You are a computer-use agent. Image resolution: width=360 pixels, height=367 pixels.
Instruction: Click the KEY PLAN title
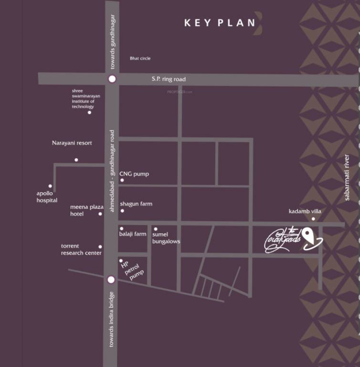coord(220,22)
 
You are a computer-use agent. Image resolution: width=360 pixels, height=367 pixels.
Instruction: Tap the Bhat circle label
coord(140,58)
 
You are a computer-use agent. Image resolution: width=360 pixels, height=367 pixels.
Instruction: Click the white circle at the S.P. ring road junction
coord(112,79)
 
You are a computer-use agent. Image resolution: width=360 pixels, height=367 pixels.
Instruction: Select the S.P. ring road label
coord(169,79)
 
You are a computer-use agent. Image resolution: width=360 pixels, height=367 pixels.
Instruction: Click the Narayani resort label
coord(72,143)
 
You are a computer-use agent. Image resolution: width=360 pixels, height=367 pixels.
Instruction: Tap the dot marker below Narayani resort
coord(76,160)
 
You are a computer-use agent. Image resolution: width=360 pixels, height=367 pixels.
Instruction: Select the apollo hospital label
coord(47,197)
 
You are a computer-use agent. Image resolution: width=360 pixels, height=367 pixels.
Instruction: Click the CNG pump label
coord(134,174)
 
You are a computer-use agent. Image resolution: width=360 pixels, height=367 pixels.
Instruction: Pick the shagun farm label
coord(136,204)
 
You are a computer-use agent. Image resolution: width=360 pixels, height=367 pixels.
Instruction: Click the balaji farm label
coord(133,234)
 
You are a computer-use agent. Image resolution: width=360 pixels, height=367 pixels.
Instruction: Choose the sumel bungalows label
coord(166,238)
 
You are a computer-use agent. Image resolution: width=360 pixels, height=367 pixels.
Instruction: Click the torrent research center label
coord(81,249)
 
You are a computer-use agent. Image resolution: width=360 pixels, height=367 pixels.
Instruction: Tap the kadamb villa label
coord(305,211)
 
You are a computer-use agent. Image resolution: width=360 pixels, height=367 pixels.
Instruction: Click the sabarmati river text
coord(347,177)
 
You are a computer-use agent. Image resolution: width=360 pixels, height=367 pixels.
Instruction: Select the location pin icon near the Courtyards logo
coord(309,235)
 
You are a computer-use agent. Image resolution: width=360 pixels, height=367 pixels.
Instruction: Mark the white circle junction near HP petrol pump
coord(111,280)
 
